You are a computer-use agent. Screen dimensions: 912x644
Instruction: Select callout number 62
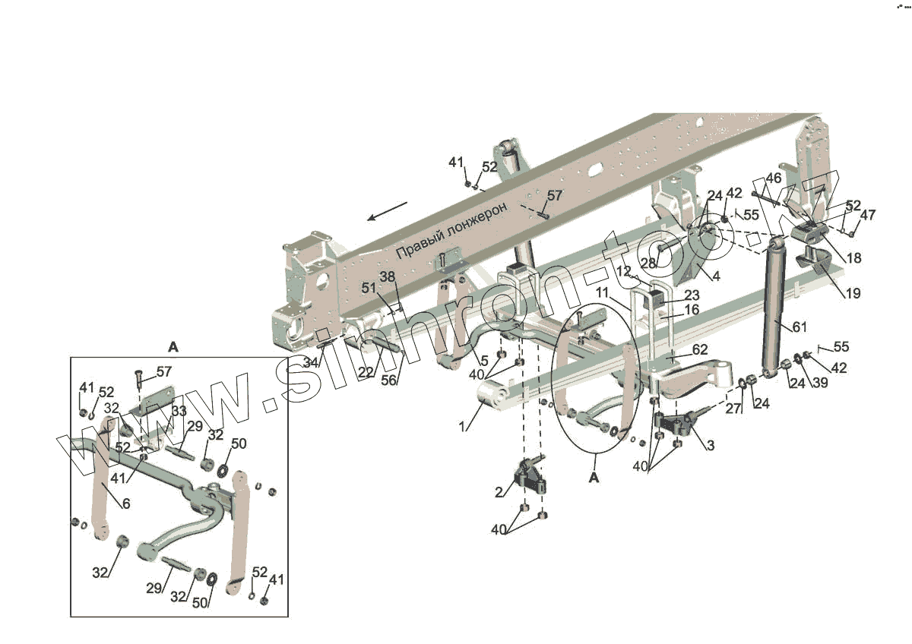[x=699, y=350]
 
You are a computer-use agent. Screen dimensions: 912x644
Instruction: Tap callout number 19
[x=853, y=292]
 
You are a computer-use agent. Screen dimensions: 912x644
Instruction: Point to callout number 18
[x=853, y=258]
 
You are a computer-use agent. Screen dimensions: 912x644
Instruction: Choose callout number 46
[x=773, y=178]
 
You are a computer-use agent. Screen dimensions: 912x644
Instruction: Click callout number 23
[x=692, y=295]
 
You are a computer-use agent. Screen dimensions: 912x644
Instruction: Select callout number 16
[x=692, y=310]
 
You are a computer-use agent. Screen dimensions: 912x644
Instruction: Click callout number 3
[x=710, y=446]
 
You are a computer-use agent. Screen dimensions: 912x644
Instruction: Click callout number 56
[x=388, y=380]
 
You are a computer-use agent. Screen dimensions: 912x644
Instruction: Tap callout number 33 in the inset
[x=179, y=411]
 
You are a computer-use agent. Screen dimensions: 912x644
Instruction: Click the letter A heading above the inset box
[x=173, y=346]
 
